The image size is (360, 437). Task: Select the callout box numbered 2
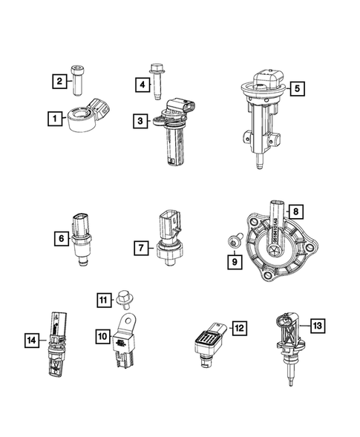click(x=58, y=81)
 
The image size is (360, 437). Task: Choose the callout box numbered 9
click(x=235, y=260)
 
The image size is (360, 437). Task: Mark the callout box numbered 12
click(x=239, y=326)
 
